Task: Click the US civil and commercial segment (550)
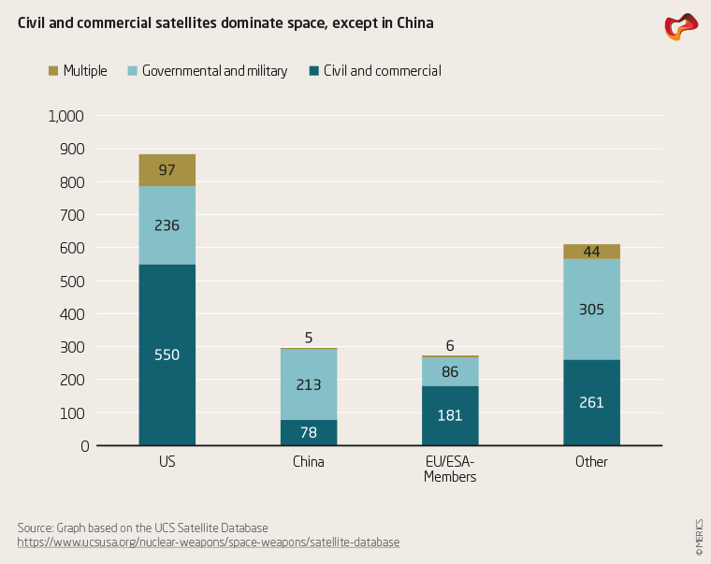coord(167,354)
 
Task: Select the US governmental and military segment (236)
coord(167,225)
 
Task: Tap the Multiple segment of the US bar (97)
coord(167,170)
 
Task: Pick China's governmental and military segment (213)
coord(309,383)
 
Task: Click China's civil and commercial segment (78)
coord(309,432)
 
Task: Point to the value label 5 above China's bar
coord(309,339)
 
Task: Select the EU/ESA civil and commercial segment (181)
coord(450,415)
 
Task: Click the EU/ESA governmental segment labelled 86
coord(450,371)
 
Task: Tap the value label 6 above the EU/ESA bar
coord(450,344)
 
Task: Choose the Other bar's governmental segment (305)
coord(591,309)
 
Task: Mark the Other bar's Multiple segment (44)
coord(591,252)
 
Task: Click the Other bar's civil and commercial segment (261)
coord(591,402)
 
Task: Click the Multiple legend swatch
coord(53,70)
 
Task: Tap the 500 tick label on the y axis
coord(73,281)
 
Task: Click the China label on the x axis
coord(309,462)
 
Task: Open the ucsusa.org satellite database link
coord(209,542)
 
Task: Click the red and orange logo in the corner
coord(680,26)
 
